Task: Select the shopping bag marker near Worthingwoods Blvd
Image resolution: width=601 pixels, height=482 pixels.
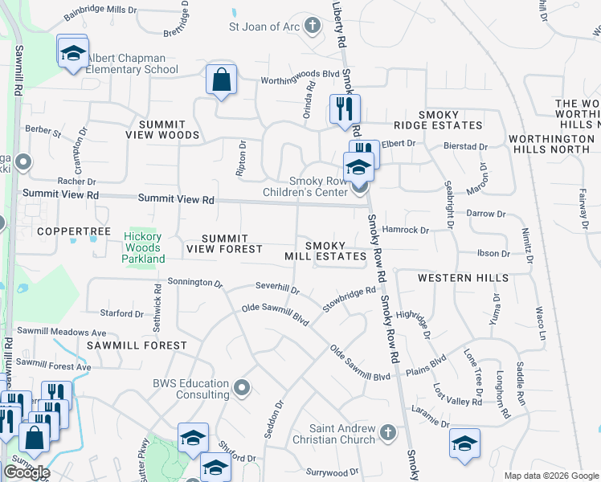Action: click(221, 81)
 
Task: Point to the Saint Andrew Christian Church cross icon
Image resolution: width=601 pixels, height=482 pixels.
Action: click(387, 433)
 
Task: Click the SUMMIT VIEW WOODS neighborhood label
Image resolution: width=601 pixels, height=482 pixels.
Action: click(162, 129)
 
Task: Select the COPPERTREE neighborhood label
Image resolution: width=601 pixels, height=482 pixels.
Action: click(74, 231)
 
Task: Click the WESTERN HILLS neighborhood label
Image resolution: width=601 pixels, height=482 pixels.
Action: click(463, 278)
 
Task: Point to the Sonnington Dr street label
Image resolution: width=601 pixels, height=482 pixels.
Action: click(195, 283)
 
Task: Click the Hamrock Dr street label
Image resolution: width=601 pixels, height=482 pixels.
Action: click(406, 230)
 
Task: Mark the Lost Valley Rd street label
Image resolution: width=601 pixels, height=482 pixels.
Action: click(457, 394)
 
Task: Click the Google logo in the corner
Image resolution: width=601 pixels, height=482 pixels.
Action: click(27, 472)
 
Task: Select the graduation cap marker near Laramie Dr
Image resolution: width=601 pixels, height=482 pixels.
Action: click(464, 443)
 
